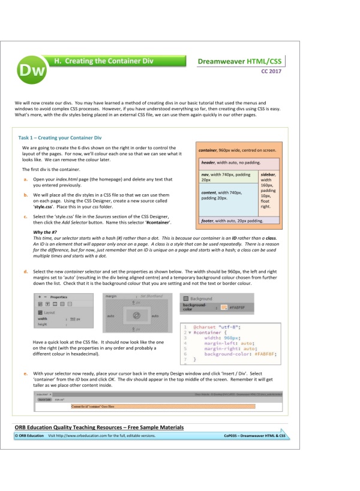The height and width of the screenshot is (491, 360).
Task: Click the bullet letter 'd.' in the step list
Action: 25,272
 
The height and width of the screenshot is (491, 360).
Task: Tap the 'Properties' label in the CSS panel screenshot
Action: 59,296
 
